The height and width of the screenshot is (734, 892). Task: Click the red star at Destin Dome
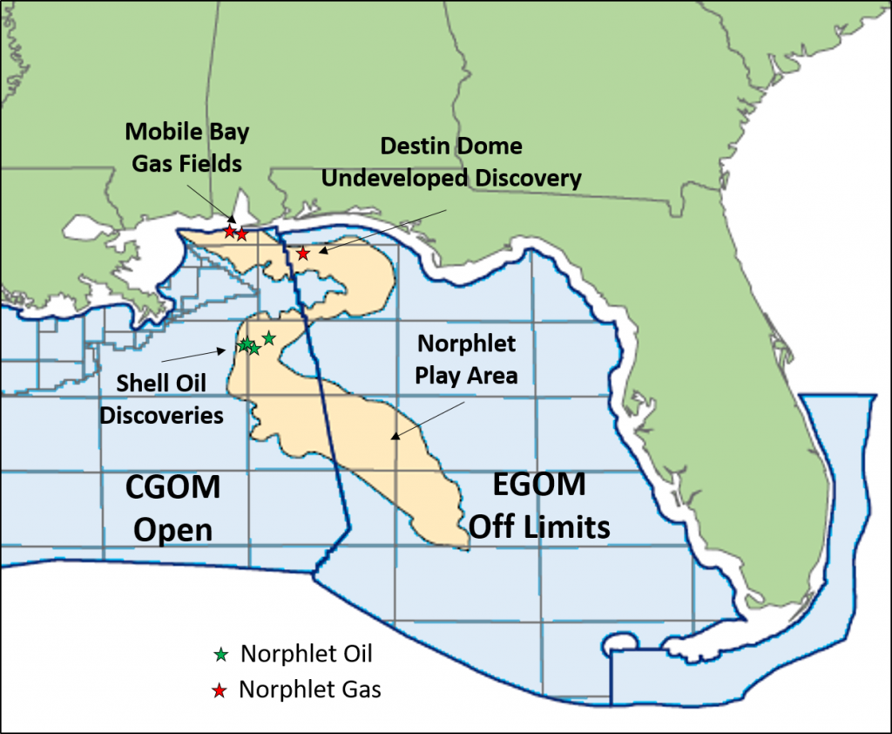click(303, 254)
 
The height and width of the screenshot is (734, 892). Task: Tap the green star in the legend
click(221, 654)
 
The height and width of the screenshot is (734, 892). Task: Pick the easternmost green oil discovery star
click(268, 338)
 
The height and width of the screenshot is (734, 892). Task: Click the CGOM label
click(172, 486)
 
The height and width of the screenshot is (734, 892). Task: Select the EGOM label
click(528, 485)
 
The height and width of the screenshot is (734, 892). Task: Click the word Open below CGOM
click(173, 529)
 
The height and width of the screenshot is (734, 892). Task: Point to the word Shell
click(137, 384)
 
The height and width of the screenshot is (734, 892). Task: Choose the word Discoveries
click(161, 415)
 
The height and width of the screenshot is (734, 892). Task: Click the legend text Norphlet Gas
click(310, 690)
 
